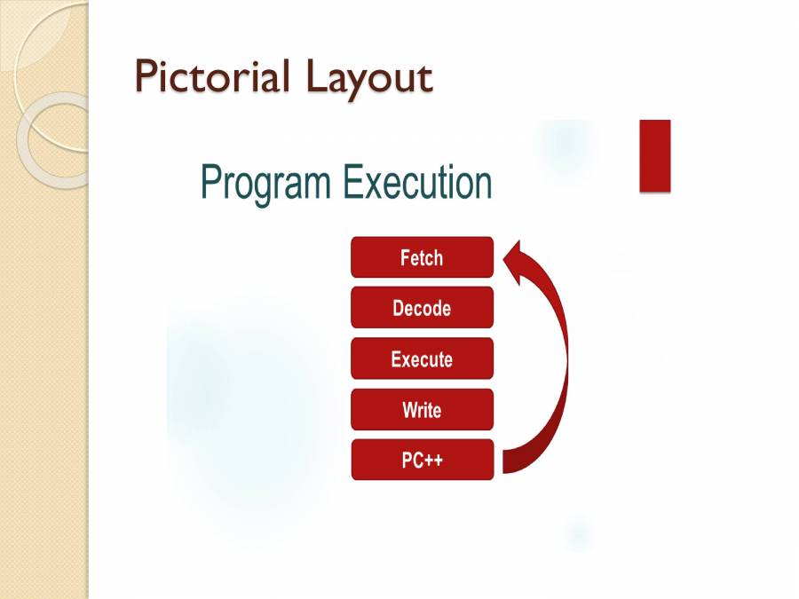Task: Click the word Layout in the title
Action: point(369,78)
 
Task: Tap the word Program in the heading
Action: point(266,183)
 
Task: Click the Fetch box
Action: point(422,257)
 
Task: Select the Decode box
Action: point(422,308)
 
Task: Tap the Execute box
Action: point(422,359)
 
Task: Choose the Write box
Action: point(422,410)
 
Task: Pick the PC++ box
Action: point(422,460)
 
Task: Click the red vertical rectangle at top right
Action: point(654,155)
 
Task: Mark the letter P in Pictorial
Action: point(146,76)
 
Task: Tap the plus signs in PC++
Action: point(432,461)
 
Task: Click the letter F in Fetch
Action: point(406,258)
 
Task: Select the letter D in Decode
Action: point(399,309)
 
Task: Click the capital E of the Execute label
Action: point(396,359)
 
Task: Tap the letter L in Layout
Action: point(315,76)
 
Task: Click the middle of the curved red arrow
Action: point(562,355)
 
